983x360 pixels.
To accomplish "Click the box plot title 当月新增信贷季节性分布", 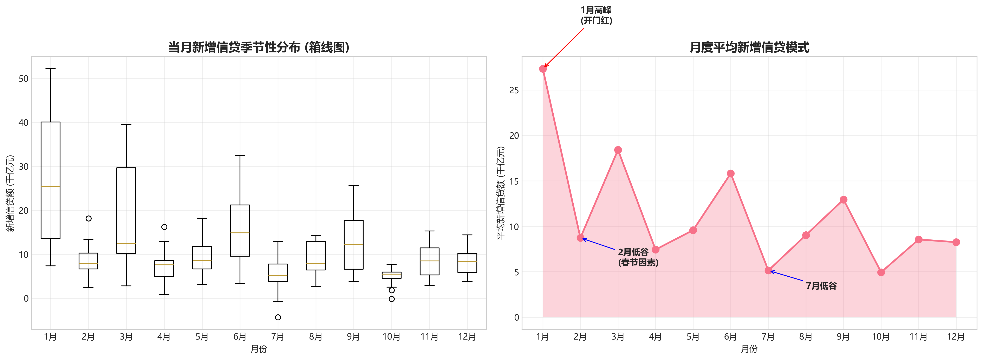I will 259,47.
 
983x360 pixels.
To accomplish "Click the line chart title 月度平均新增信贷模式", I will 749,47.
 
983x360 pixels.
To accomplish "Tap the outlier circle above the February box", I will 89,218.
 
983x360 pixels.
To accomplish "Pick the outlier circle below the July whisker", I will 278,317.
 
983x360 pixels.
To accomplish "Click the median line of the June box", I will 240,233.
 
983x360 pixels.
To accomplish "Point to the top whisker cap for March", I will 126,125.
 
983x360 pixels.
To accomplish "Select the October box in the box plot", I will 391,275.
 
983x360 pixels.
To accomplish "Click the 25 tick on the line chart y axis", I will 514,90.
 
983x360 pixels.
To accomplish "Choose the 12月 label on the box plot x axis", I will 467,337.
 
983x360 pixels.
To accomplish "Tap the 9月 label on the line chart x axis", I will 843,337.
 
